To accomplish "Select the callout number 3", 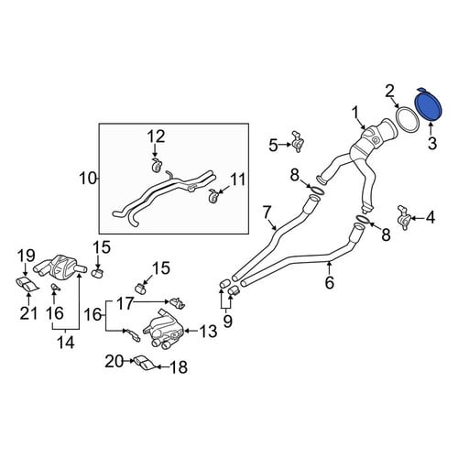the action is click(432, 143).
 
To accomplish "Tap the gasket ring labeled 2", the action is click(408, 119).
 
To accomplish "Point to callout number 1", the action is click(355, 113).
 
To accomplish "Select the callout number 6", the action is click(330, 283).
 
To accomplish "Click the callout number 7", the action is click(267, 212).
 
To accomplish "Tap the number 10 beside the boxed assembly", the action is click(88, 179).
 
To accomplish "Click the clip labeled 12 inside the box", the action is click(158, 165).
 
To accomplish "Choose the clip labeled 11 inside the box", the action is click(213, 195).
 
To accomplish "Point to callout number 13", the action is click(208, 332).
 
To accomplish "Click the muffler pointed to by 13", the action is click(164, 331).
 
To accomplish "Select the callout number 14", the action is click(66, 343).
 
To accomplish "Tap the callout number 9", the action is click(227, 322).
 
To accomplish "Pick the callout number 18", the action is click(179, 367).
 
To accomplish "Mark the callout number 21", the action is click(28, 313).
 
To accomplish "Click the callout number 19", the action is click(26, 256).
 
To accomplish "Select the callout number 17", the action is click(125, 303).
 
